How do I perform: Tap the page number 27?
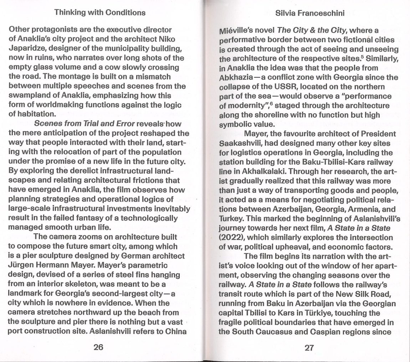(309, 348)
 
